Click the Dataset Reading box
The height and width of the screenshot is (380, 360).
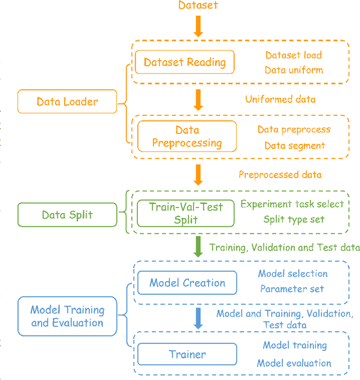tap(184, 62)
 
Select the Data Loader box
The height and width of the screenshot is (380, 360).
tap(67, 102)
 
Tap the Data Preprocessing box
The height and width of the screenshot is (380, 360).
tap(187, 137)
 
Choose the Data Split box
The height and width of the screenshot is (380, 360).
tap(67, 214)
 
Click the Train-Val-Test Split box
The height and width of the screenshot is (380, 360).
tap(186, 213)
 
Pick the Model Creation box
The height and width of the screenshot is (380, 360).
tap(187, 283)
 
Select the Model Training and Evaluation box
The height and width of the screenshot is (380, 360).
tap(67, 316)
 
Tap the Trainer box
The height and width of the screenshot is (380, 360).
tap(187, 354)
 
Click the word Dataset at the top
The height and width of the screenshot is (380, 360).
tap(198, 6)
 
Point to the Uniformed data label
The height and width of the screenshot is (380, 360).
tap(280, 99)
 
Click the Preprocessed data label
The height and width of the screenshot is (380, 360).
tap(280, 174)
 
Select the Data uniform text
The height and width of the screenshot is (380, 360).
tap(294, 70)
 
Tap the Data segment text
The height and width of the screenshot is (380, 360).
tap(295, 146)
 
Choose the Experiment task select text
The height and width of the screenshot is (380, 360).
tap(292, 204)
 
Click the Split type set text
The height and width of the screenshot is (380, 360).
tap(294, 219)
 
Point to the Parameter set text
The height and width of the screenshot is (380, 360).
tap(292, 289)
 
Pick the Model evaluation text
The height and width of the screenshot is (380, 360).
tap(294, 363)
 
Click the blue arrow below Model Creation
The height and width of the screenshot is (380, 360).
tap(198, 318)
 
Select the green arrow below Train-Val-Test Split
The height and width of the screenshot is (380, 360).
tap(198, 246)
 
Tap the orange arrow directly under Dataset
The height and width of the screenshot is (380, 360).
tap(198, 26)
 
